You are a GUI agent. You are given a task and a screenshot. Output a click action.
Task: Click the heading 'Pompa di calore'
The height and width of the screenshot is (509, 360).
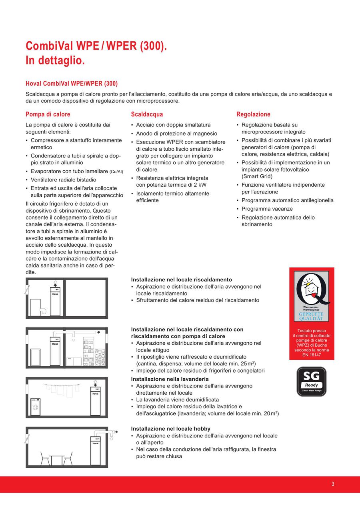(48, 114)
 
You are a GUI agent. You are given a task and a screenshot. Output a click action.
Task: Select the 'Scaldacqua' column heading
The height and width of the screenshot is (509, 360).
(147, 114)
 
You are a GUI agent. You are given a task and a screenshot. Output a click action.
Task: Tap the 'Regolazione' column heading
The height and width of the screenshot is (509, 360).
(253, 114)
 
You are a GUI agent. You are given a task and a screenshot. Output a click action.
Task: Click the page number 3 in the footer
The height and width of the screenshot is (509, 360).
(333, 484)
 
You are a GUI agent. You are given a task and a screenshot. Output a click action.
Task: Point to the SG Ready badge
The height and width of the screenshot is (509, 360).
(311, 381)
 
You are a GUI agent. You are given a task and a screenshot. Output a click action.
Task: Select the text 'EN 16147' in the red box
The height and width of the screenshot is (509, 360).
(311, 355)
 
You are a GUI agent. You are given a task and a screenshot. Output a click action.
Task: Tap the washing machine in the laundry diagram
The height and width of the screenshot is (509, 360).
(36, 407)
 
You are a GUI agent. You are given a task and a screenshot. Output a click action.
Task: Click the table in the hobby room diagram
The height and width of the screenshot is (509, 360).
(57, 460)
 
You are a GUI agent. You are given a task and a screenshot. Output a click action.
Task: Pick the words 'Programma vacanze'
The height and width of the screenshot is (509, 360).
(267, 209)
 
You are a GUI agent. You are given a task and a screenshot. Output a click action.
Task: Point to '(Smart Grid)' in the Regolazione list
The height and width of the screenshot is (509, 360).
(257, 176)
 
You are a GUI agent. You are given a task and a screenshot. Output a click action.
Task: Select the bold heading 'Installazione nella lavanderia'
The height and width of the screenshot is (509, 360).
(170, 379)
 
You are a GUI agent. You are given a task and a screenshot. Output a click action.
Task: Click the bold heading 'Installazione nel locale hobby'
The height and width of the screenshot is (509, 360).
(170, 429)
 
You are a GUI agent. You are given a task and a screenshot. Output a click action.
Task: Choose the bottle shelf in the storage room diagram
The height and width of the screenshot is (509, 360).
(88, 352)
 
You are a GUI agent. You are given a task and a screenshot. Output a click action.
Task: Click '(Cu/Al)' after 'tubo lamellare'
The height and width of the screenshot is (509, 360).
(116, 172)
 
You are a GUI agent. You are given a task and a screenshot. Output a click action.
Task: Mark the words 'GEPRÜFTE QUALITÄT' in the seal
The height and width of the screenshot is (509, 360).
(311, 316)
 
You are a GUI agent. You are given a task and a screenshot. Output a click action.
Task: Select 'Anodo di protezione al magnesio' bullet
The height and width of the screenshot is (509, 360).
(176, 134)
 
